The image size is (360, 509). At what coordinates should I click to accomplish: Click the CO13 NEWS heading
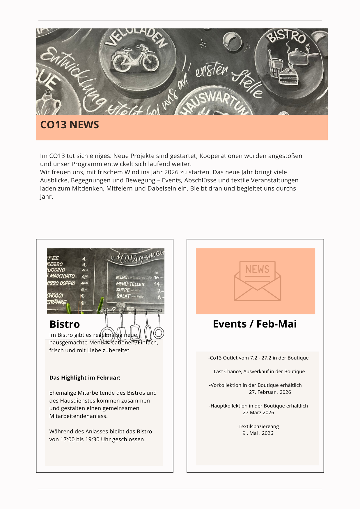(70, 125)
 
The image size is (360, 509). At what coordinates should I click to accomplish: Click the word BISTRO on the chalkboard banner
(286, 37)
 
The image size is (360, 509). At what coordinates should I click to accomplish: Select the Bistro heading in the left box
(65, 324)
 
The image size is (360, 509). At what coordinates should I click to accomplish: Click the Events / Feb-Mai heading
(255, 324)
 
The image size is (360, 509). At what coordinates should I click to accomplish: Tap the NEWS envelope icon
(257, 281)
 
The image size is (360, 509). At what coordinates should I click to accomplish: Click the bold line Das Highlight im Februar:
(85, 378)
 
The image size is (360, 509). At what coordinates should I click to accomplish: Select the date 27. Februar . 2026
(270, 392)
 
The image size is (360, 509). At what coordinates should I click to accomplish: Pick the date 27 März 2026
(258, 412)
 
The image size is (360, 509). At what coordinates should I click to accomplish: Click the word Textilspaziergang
(258, 426)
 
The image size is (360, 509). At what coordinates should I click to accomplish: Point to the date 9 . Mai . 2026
(258, 433)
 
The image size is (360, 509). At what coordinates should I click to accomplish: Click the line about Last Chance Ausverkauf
(258, 371)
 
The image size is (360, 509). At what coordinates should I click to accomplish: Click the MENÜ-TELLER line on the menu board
(130, 284)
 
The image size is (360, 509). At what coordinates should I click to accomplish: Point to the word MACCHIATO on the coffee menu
(62, 276)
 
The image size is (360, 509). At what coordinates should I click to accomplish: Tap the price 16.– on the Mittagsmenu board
(158, 277)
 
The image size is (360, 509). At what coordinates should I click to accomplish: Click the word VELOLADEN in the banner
(136, 38)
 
